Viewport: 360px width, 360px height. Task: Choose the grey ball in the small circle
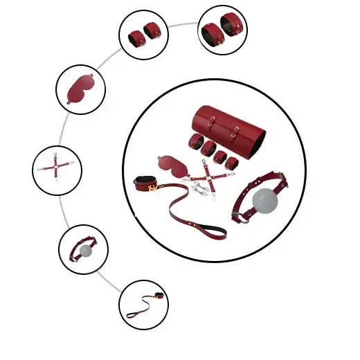[x=85, y=249]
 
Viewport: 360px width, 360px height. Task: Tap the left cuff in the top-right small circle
[x=211, y=30]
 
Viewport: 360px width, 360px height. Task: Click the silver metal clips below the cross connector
[x=201, y=189]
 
